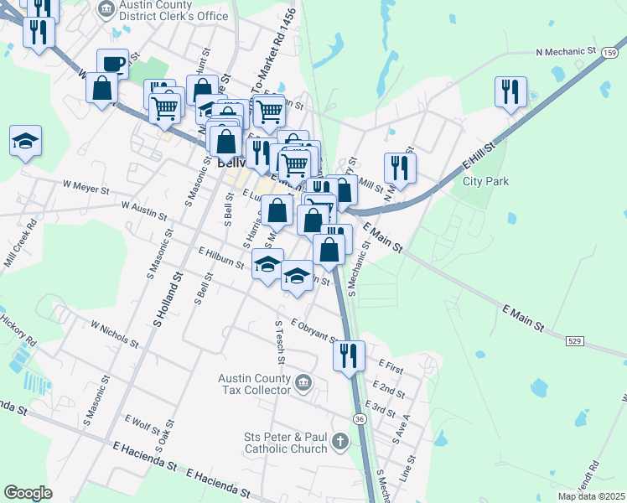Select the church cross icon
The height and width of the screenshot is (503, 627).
click(x=339, y=441)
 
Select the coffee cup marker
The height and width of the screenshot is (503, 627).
click(x=112, y=64)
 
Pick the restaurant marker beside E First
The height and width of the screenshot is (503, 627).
click(x=349, y=354)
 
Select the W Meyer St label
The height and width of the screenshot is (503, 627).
click(x=87, y=185)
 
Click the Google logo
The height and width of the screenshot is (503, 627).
click(x=28, y=493)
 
